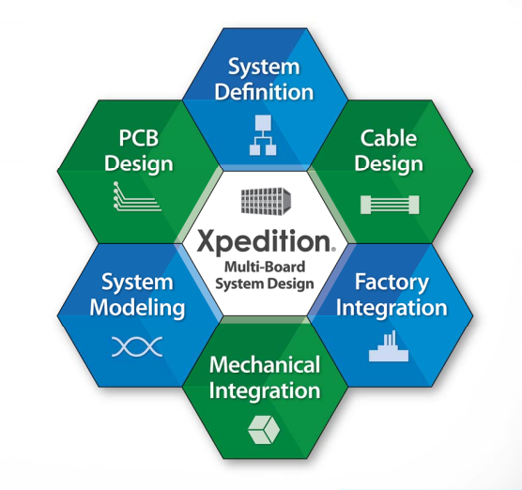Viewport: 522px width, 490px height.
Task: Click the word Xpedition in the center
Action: click(x=263, y=241)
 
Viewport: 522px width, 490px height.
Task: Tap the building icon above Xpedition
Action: click(x=266, y=200)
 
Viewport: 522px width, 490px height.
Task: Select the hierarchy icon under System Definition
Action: click(x=263, y=135)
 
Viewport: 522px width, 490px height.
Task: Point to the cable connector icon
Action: click(x=390, y=205)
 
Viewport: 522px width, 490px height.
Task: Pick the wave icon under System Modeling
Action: click(x=137, y=346)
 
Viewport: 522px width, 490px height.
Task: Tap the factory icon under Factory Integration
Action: click(x=389, y=345)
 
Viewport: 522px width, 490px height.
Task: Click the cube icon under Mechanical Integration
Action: click(x=264, y=429)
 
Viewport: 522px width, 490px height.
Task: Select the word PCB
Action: click(x=139, y=138)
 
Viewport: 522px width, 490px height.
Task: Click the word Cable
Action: click(x=389, y=138)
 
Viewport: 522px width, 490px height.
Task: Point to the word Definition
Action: click(x=264, y=92)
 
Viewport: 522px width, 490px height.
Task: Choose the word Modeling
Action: click(x=137, y=308)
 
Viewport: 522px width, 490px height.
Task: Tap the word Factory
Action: click(x=391, y=283)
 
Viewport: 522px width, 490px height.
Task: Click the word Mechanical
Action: click(x=265, y=364)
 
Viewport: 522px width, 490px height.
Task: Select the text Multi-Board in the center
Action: click(x=265, y=267)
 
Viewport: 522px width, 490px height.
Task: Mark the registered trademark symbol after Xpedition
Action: click(x=333, y=249)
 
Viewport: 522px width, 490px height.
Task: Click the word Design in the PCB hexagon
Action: click(x=139, y=164)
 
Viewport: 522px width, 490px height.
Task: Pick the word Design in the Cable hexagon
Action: click(x=389, y=164)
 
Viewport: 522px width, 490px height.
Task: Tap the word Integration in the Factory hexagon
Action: click(x=391, y=308)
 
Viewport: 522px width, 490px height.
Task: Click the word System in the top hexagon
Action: click(x=264, y=68)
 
